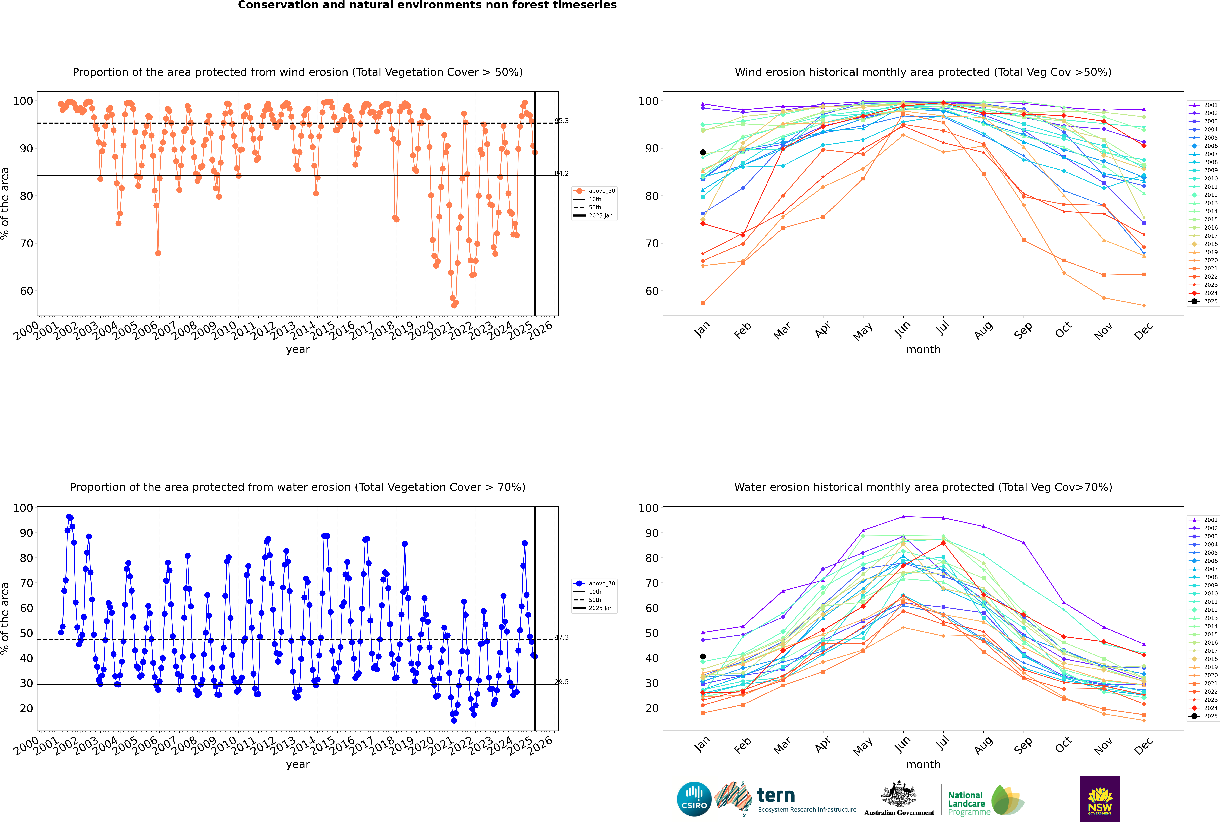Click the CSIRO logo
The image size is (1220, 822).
click(694, 799)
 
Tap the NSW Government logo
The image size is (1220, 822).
click(1100, 799)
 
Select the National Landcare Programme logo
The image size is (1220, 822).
click(986, 800)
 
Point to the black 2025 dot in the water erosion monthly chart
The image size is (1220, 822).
click(703, 656)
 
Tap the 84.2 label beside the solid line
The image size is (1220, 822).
click(562, 174)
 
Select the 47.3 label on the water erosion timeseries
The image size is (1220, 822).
click(562, 638)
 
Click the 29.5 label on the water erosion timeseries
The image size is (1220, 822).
click(562, 682)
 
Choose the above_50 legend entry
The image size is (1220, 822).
click(594, 191)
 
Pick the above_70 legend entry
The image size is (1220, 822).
click(594, 584)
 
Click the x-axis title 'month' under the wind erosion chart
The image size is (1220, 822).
click(923, 350)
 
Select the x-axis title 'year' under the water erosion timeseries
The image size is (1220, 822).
click(298, 764)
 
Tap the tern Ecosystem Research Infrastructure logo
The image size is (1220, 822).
click(785, 799)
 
